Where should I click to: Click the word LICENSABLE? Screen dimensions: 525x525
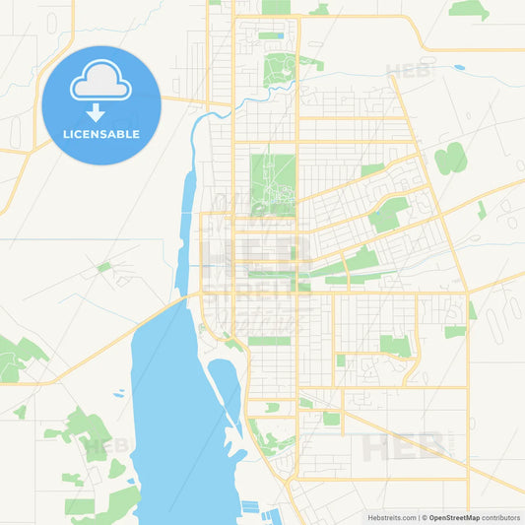point(101,132)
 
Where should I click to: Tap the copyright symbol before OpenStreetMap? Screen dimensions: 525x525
point(424,516)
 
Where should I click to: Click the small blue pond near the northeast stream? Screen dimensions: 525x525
point(460,68)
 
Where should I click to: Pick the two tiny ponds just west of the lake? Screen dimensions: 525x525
point(119,393)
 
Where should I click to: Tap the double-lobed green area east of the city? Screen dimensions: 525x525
point(451,158)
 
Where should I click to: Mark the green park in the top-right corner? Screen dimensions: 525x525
point(469,9)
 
